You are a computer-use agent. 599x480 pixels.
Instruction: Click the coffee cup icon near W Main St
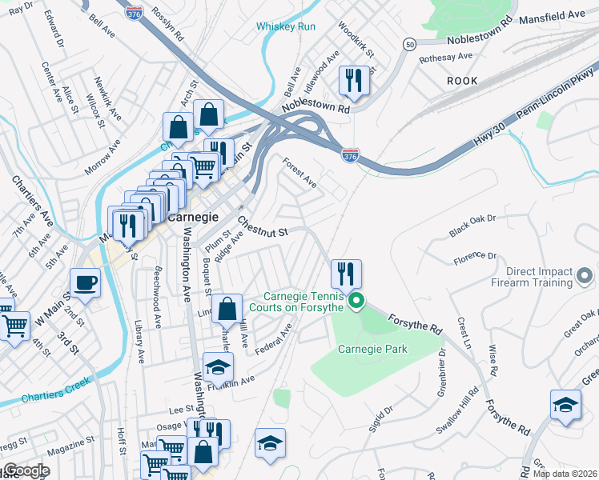[85, 282]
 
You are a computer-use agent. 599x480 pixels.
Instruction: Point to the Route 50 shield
[409, 46]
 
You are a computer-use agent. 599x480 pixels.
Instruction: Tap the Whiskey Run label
[286, 26]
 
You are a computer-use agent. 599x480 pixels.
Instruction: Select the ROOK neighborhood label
[462, 81]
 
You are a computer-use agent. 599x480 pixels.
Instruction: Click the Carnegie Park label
[372, 349]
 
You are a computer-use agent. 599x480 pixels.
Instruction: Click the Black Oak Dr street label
[472, 224]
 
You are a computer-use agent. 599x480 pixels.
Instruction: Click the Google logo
[26, 470]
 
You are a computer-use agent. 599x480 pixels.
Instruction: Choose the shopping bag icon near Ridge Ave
[228, 309]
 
